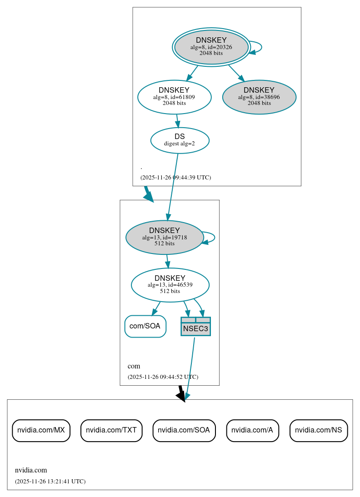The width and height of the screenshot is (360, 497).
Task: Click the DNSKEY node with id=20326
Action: click(211, 47)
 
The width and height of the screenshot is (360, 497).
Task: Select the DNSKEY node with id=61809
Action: click(174, 97)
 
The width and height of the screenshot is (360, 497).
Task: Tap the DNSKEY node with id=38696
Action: click(259, 97)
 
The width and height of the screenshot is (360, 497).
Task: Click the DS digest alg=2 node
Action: click(180, 140)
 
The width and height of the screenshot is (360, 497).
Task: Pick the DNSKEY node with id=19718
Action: click(164, 237)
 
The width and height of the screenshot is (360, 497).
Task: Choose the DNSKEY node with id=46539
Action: click(170, 285)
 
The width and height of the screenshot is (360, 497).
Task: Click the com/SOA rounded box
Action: click(145, 326)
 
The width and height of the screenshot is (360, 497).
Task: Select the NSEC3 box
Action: click(195, 328)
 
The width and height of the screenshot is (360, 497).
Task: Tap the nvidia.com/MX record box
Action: click(41, 430)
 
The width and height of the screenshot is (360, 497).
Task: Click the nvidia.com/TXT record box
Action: click(111, 430)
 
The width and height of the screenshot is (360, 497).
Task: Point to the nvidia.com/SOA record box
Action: click(184, 430)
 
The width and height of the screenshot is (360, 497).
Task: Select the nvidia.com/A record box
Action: click(252, 430)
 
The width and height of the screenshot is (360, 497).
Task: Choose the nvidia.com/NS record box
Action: click(319, 430)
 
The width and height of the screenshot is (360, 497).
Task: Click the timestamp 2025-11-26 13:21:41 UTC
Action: click(50, 481)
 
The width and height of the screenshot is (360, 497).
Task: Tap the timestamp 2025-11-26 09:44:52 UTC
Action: click(163, 377)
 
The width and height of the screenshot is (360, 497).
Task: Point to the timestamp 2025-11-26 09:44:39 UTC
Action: click(175, 177)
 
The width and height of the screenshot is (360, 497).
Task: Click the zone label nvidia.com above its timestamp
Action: click(31, 470)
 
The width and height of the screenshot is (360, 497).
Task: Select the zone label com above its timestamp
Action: click(134, 366)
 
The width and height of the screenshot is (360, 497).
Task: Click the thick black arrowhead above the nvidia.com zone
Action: click(181, 396)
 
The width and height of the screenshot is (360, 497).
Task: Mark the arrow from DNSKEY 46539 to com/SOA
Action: click(156, 308)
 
